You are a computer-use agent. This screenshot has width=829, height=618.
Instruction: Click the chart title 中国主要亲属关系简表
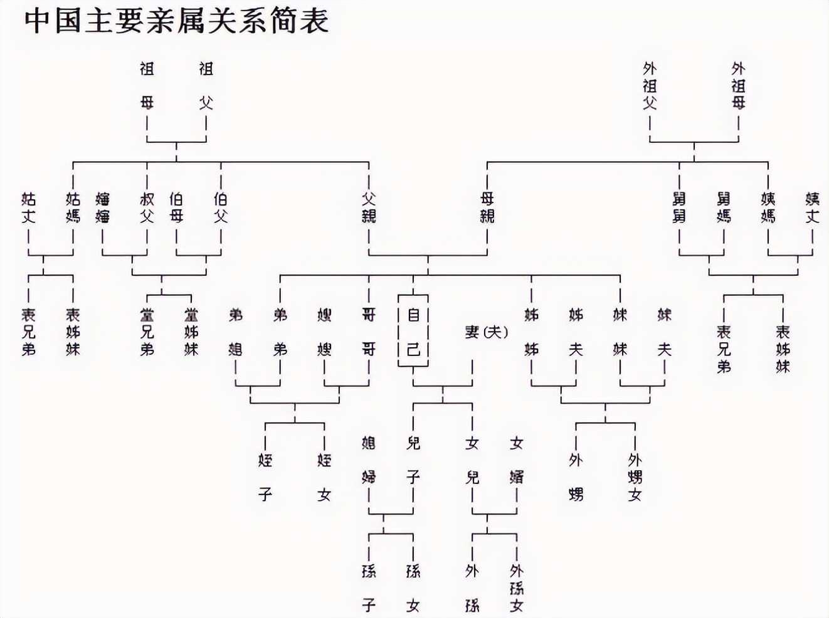[x=177, y=20]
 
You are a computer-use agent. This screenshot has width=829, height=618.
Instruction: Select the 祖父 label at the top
[x=206, y=85]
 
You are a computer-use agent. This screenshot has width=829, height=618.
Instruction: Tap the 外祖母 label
[x=738, y=85]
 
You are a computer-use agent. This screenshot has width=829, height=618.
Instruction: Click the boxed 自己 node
[x=413, y=332]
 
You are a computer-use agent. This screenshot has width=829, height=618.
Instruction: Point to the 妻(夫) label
[x=486, y=332]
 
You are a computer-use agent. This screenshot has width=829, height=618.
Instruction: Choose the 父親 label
[x=369, y=207]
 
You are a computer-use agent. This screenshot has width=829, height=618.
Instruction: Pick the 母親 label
[x=487, y=207]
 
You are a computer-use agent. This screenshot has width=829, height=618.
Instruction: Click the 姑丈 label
[x=29, y=207]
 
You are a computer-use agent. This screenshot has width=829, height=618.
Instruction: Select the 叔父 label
[x=147, y=207]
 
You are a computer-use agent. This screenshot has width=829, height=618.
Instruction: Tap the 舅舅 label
[x=679, y=207]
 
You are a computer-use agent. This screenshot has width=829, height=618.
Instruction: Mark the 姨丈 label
[x=812, y=207]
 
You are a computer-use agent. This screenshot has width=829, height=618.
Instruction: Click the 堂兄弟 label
[x=147, y=332]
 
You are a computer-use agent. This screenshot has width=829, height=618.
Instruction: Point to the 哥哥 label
[x=369, y=332]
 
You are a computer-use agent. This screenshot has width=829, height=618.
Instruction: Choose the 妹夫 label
[x=664, y=332]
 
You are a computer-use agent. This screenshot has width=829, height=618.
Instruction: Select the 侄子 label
[x=265, y=477]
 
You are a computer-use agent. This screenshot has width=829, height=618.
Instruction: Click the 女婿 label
[x=516, y=460]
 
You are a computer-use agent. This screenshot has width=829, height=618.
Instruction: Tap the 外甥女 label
[x=635, y=477]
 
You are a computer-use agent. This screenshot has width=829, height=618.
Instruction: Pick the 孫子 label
[x=369, y=588]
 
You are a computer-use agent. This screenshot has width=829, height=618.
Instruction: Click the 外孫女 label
[x=516, y=588]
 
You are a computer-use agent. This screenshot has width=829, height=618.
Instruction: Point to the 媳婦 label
[x=369, y=460]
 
